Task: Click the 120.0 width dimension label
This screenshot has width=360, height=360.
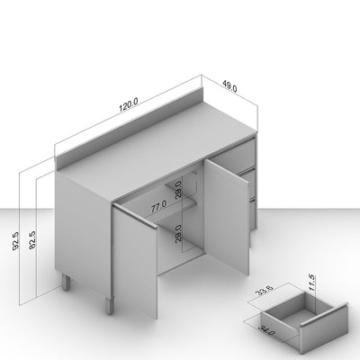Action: click(129, 105)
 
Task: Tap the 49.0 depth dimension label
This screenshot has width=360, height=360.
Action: click(229, 86)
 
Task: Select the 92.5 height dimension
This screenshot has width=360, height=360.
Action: click(15, 241)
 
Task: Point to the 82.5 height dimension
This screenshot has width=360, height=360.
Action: click(32, 239)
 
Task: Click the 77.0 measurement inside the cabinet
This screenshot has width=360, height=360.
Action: click(158, 207)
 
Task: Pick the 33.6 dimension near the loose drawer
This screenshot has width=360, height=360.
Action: click(265, 290)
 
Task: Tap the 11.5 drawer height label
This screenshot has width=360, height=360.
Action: click(312, 283)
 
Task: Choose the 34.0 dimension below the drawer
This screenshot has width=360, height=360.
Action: click(266, 330)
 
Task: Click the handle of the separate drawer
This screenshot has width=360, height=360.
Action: click(324, 314)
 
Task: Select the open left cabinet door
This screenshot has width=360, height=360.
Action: click(134, 259)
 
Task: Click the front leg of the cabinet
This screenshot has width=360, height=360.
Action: click(110, 305)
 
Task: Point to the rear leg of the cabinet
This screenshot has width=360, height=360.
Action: click(66, 283)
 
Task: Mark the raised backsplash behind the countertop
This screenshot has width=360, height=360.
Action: click(130, 128)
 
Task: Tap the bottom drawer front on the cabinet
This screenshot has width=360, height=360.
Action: click(252, 214)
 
